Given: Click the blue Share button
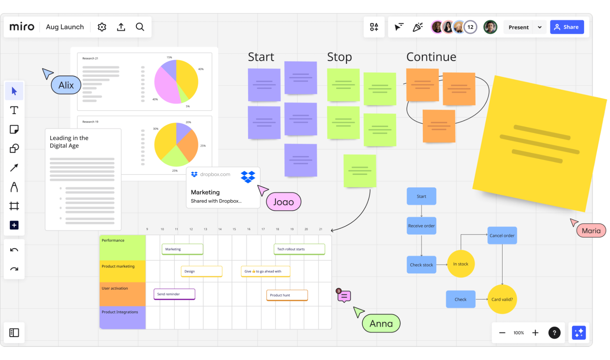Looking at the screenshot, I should (567, 27).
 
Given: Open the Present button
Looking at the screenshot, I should (518, 27).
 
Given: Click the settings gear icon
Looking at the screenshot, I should (102, 27).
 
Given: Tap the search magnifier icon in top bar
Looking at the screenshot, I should (140, 27).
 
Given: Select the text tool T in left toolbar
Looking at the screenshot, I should (14, 110).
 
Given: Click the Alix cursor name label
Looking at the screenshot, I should (66, 85).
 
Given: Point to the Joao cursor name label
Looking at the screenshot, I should (283, 202).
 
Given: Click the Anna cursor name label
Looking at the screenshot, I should (381, 323).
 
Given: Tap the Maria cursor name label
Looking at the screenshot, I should (591, 231).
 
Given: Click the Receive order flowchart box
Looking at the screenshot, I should (421, 226).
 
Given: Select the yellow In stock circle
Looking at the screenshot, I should (460, 264).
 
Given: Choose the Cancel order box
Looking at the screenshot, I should (502, 235).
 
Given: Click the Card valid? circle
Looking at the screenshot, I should (502, 299).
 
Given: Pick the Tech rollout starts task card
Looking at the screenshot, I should (299, 249).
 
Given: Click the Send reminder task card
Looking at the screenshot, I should (174, 294).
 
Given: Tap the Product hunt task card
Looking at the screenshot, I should (287, 295).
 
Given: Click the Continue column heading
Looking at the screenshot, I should (431, 57).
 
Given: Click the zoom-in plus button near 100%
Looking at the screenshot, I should (535, 333).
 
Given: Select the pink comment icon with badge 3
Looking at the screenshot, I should (344, 296).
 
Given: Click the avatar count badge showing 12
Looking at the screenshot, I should (470, 27).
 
